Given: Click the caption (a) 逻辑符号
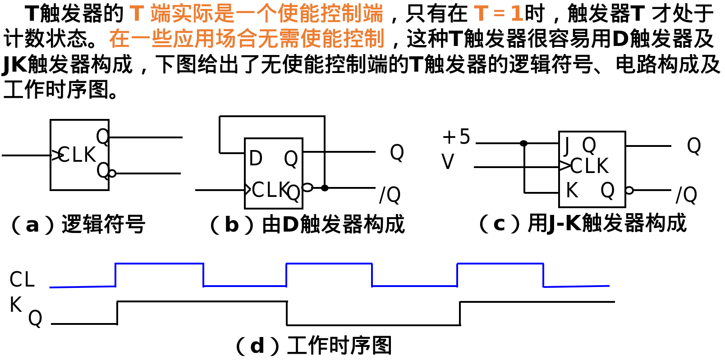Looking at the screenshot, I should click(x=78, y=224).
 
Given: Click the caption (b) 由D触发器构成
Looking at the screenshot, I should click(x=307, y=224).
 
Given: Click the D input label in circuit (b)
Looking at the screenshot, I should click(x=256, y=158).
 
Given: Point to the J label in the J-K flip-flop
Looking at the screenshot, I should click(x=567, y=145).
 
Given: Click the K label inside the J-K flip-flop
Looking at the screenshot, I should click(x=572, y=190).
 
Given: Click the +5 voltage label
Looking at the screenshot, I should click(x=456, y=137).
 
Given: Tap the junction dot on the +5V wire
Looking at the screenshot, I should click(x=523, y=143).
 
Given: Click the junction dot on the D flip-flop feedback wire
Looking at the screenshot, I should click(x=325, y=188).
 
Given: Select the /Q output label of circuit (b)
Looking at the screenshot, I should click(x=390, y=195).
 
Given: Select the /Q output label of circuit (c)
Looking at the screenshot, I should click(x=686, y=195).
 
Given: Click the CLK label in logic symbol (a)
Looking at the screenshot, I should click(x=77, y=155).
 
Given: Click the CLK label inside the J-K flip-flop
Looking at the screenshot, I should click(x=589, y=166).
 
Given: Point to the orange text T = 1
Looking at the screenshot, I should click(x=498, y=14).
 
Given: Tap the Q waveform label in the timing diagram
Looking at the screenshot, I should click(x=35, y=318).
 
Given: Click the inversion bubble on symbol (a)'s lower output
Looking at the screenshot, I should click(x=112, y=173).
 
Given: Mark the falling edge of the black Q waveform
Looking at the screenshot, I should click(x=287, y=313).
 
